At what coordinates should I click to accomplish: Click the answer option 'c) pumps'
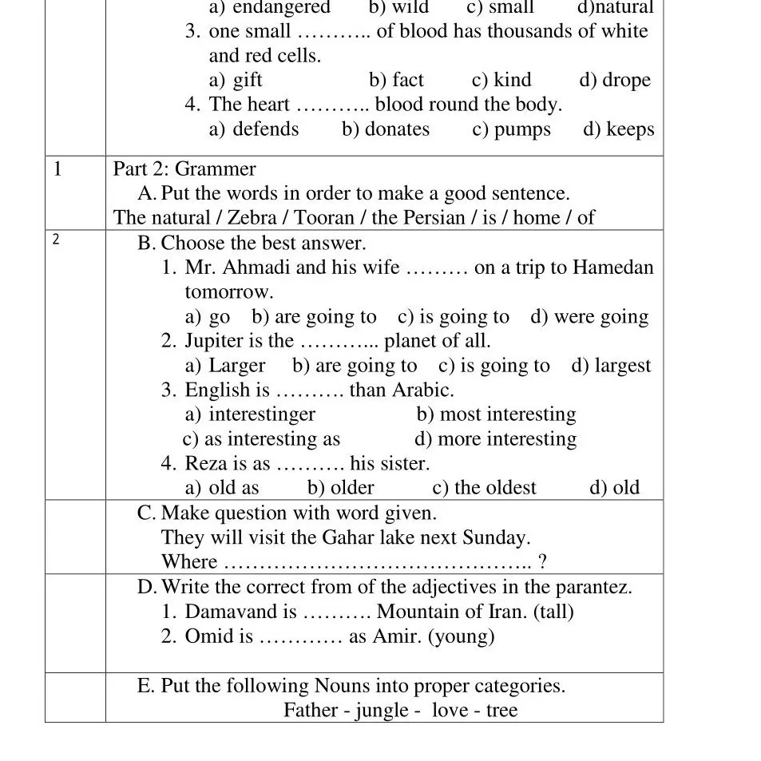tap(511, 129)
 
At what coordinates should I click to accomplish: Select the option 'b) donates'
tap(386, 129)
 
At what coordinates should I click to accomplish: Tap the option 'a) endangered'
tap(269, 8)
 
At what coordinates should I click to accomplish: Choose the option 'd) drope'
tap(615, 80)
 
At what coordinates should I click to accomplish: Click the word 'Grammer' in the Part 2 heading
tap(216, 169)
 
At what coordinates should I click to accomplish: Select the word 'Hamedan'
tap(613, 268)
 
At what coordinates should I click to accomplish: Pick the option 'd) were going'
tap(589, 317)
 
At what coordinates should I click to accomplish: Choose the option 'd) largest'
tap(611, 366)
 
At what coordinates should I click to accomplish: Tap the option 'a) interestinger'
tap(250, 414)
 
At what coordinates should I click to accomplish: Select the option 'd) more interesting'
tap(495, 439)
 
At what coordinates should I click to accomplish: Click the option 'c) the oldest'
tap(484, 488)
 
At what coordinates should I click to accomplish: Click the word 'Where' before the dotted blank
tap(189, 562)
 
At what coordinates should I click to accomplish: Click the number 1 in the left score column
tap(57, 168)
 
